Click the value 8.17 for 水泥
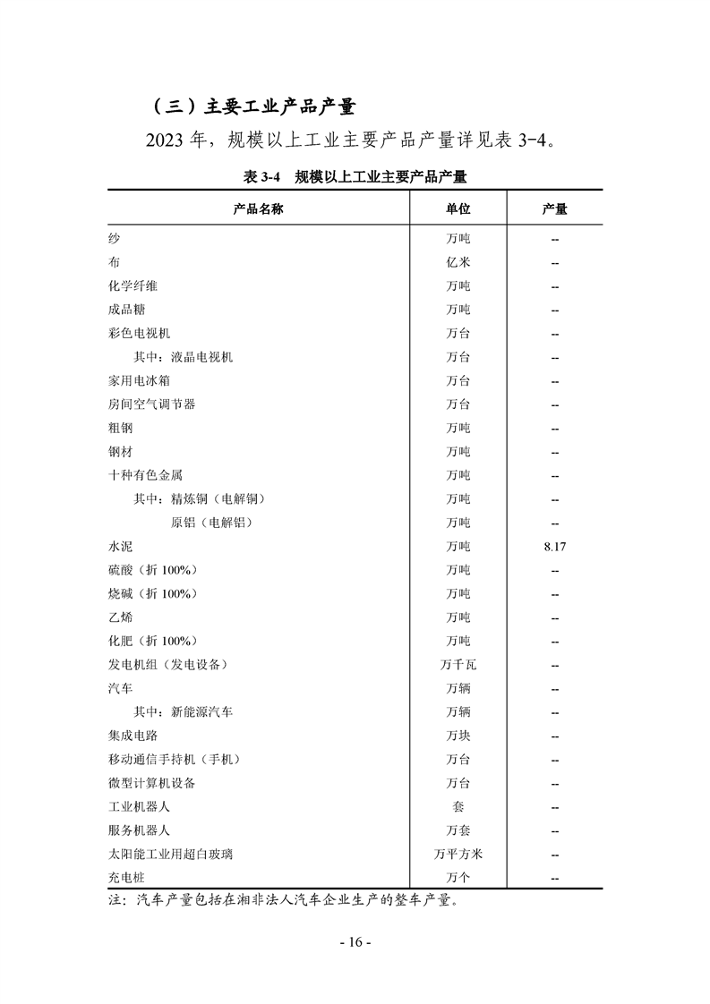(554, 546)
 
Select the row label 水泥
(120, 546)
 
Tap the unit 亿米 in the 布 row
(458, 262)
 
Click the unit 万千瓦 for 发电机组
(458, 665)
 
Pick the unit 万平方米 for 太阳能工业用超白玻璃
(458, 855)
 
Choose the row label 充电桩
(126, 878)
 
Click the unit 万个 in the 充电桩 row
(458, 878)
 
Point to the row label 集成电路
(133, 736)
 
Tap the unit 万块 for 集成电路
(458, 736)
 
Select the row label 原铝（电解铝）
(211, 523)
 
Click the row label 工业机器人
(139, 807)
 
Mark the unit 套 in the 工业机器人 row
(458, 807)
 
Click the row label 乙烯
(120, 617)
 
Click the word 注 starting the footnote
(115, 901)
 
